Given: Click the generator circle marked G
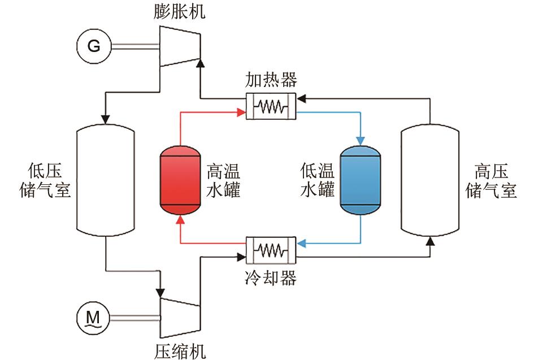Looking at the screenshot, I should pos(94,46).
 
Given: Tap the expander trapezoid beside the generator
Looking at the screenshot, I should pos(179,45).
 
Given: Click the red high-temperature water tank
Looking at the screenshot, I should pos(180,181).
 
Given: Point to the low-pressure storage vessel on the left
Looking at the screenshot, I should pos(106,180).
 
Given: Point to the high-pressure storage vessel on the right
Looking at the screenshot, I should pos(429,180).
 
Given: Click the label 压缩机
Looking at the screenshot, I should pos(180,350).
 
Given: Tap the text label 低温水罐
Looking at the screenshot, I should pos(318,180).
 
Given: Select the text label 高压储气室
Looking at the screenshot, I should pos(491,180).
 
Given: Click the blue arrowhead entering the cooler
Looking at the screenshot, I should pos(302,244).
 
